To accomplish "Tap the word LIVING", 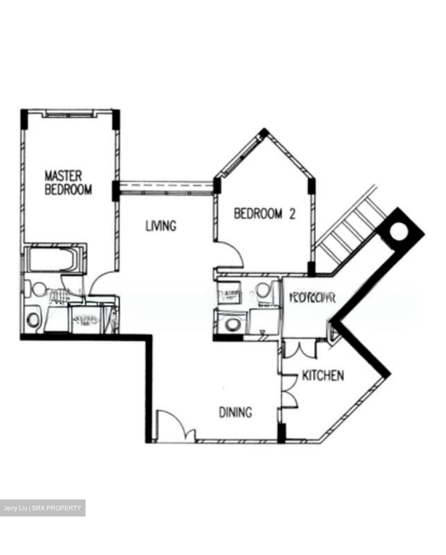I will click(x=161, y=225).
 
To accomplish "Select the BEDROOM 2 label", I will click(x=264, y=214).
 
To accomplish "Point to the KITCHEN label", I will click(x=323, y=375).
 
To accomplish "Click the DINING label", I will click(x=236, y=412).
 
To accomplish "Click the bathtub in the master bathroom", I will click(x=54, y=261).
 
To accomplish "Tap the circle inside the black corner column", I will click(x=398, y=232).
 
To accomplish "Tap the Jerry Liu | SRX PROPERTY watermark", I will click(x=42, y=508).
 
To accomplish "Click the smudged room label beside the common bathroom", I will click(x=312, y=298).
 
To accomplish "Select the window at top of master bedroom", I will click(x=69, y=113).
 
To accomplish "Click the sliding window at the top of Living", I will click(x=166, y=188).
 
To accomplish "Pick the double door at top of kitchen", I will click(x=301, y=349).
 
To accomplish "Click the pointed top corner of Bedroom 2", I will click(x=264, y=131).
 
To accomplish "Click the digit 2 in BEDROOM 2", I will click(x=292, y=214).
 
